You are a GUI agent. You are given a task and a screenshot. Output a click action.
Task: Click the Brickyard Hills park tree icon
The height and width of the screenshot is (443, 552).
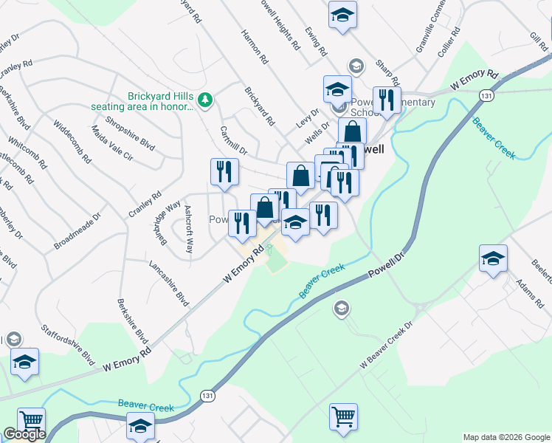pos(207,99)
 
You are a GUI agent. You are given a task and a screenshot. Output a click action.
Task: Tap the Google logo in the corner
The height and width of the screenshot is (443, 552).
pos(24,434)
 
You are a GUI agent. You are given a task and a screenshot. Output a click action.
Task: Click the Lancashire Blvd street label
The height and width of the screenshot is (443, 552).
pos(169,283)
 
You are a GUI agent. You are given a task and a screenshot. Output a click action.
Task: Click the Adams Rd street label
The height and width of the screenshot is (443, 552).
pos(530,294)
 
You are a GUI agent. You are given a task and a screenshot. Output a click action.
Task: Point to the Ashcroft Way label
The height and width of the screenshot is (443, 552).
pos(188,229)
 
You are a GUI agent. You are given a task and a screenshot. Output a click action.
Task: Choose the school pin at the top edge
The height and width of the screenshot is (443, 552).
pos(342,16)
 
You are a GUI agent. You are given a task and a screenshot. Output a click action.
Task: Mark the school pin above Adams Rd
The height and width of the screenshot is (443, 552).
pos(493,259)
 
